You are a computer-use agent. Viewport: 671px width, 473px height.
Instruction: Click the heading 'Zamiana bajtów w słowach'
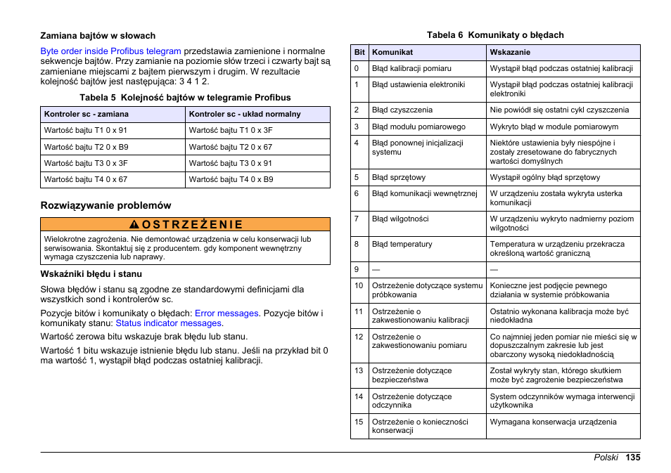98,36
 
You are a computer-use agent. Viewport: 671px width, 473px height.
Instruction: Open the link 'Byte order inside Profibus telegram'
111,51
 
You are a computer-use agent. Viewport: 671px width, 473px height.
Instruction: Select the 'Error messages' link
226,313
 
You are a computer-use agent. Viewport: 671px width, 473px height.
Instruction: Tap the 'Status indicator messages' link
169,323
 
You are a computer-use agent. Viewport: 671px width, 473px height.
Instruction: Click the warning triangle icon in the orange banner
134,225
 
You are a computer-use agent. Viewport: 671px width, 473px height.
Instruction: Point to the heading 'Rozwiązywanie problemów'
106,205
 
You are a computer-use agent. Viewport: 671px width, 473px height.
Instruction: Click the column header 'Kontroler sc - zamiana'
86,114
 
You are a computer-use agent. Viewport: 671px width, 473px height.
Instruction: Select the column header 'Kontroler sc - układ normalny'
245,114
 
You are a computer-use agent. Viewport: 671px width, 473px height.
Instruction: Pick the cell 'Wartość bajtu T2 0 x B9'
86,147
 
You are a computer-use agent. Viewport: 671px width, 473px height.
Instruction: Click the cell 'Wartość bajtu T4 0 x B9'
231,179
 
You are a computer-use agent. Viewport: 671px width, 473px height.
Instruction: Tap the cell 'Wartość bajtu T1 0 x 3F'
231,130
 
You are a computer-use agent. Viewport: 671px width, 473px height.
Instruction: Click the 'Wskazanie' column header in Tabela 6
510,52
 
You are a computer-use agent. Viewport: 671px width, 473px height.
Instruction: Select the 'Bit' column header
359,52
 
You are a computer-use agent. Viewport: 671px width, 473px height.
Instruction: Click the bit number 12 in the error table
359,337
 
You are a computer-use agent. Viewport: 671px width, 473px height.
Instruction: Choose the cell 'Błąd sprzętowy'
399,178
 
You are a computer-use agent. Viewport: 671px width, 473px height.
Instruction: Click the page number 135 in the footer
632,458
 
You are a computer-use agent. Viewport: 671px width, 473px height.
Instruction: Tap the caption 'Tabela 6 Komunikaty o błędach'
495,35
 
